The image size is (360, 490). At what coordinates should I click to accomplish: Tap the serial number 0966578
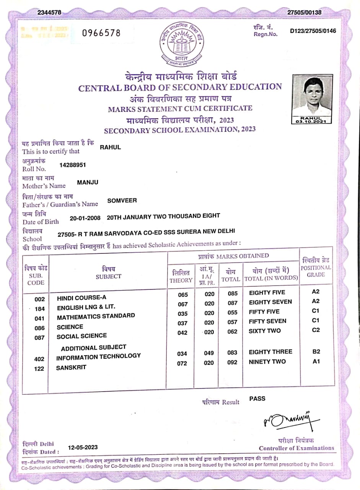click(x=101, y=33)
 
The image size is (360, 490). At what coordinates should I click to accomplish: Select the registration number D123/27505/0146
click(x=313, y=31)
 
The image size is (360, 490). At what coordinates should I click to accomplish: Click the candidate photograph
click(x=311, y=96)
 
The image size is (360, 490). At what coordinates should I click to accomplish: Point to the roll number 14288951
click(x=73, y=165)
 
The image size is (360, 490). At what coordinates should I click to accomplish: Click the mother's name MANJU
click(x=88, y=182)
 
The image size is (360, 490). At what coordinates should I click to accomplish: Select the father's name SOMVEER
click(x=122, y=200)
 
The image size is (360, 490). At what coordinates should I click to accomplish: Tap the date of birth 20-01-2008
click(x=85, y=218)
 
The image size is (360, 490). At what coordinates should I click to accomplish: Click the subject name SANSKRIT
click(x=71, y=367)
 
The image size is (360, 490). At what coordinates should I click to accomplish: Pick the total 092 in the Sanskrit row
click(x=232, y=363)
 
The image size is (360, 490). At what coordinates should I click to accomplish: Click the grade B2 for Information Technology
click(x=316, y=352)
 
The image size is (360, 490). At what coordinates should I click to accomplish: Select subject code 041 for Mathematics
click(x=40, y=318)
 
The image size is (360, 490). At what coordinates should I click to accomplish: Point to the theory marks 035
click(x=183, y=314)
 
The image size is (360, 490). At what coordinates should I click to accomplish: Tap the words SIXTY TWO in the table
click(x=265, y=331)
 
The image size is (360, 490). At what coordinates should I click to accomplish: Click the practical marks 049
click(x=209, y=353)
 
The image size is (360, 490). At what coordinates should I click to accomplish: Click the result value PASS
click(x=257, y=399)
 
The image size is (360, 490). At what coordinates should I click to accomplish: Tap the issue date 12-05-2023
click(x=83, y=447)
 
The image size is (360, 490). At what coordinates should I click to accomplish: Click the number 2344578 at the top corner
click(x=49, y=13)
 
